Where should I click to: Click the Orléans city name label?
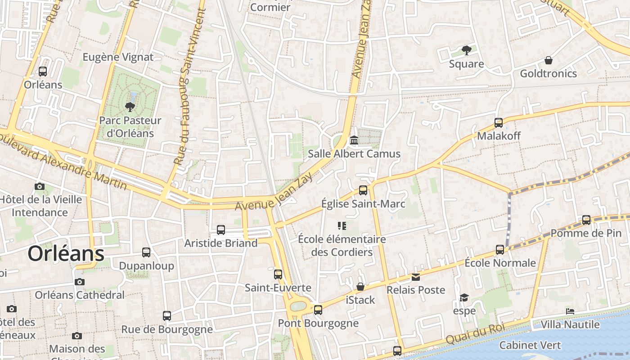[x=66, y=254]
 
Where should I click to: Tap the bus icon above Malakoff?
[x=498, y=122]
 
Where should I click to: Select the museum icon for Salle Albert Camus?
[x=354, y=140]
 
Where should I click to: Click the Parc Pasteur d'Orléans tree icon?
[x=130, y=107]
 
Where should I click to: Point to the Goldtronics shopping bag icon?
[x=548, y=60]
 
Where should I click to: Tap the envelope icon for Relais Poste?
[x=416, y=277]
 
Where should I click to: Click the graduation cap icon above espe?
[x=464, y=297]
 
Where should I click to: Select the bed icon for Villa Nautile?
[x=570, y=311]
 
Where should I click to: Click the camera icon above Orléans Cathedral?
[x=80, y=282]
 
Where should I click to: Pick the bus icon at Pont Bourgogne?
[x=318, y=310]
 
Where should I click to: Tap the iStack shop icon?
[x=360, y=287]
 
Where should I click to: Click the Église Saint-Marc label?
[x=363, y=204]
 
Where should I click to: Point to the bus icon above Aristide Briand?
[x=221, y=229]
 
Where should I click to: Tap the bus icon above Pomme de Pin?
[x=586, y=220]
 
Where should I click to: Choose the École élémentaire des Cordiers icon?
[x=342, y=225]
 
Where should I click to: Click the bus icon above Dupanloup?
[x=146, y=252]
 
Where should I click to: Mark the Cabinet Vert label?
[x=530, y=345]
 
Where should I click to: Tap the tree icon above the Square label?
[x=466, y=50]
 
